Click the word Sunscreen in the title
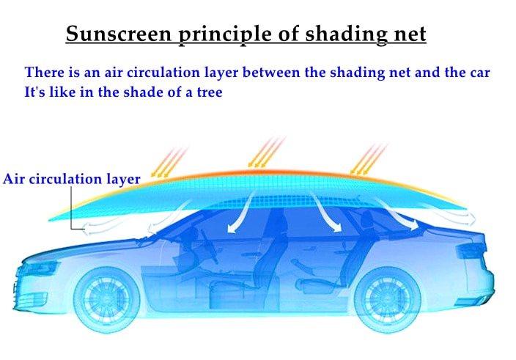tap(119, 34)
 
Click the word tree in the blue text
tap(210, 92)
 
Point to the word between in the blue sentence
tap(271, 73)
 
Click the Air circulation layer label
tap(71, 180)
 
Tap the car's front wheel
tap(106, 299)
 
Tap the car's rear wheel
tap(387, 299)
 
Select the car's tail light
tap(471, 250)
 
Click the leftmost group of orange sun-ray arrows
tap(169, 162)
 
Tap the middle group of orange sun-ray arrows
tap(266, 152)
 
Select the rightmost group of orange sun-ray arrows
tap(369, 158)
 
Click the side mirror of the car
tap(145, 241)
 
